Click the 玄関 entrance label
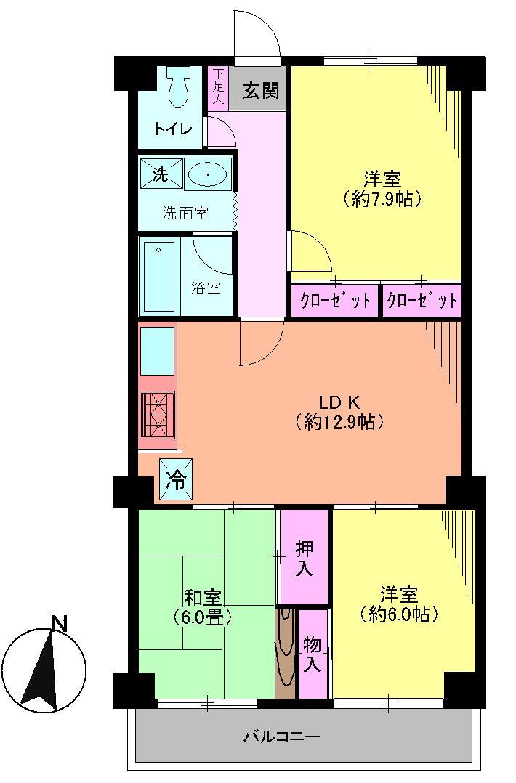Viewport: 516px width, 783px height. click(x=260, y=92)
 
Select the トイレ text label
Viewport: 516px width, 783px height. click(x=173, y=129)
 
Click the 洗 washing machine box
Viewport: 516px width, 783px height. click(x=160, y=174)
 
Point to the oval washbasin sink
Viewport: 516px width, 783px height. click(x=208, y=174)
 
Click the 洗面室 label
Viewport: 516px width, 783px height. click(x=185, y=213)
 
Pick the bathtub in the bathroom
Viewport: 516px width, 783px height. click(x=158, y=275)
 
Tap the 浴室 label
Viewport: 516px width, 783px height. click(x=206, y=288)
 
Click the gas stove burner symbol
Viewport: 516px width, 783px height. click(x=158, y=414)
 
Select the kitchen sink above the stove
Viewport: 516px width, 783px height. click(x=157, y=351)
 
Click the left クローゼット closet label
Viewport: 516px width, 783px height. click(x=334, y=299)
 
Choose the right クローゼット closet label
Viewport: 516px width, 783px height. click(x=422, y=299)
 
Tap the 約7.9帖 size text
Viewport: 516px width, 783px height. click(x=382, y=198)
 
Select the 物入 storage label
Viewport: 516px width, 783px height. click(x=313, y=654)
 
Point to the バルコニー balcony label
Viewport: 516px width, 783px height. click(x=281, y=737)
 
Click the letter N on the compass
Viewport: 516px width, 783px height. click(x=59, y=622)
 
